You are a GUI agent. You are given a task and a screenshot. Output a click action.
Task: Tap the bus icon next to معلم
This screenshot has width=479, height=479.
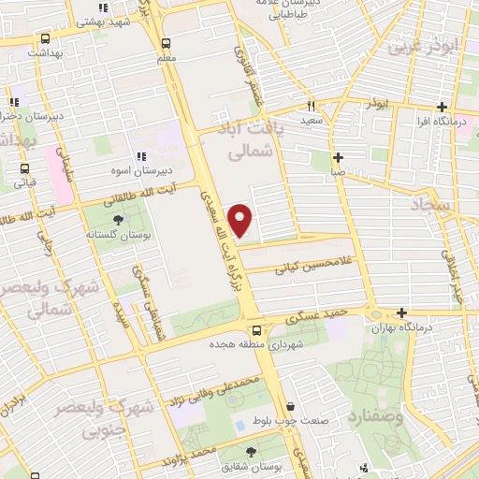[167, 43]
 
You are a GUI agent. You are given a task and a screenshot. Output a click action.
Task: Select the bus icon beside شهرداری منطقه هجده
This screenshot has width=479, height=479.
[256, 329]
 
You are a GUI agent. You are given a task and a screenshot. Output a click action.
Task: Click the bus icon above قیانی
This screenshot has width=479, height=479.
[24, 169]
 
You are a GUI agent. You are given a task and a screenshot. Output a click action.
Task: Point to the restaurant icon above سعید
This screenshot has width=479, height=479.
[312, 106]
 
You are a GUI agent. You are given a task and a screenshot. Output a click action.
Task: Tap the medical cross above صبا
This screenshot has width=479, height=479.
[337, 157]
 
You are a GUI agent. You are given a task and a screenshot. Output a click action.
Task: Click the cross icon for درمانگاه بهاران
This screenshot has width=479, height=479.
[401, 312]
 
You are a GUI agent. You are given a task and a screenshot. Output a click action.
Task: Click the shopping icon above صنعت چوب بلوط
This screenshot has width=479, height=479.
[293, 407]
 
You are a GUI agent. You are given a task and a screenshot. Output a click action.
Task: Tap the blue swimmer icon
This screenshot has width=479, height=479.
[239, 425]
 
